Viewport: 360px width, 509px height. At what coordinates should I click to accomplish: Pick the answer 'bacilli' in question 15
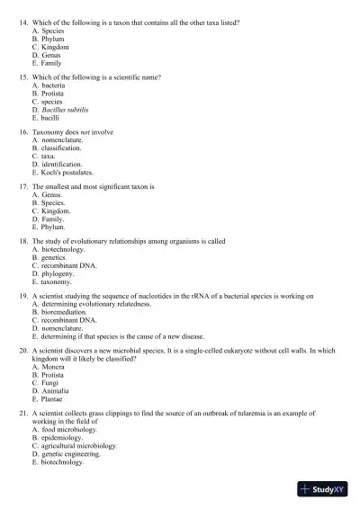(x=52, y=118)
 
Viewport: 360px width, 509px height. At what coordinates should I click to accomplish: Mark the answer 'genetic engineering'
(x=75, y=454)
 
